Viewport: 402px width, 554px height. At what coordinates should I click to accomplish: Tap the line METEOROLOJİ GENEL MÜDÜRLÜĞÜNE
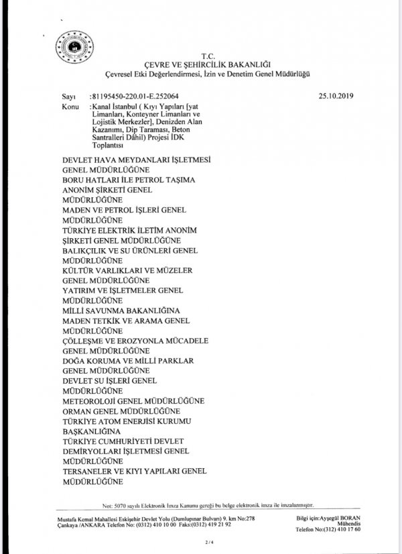(133, 400)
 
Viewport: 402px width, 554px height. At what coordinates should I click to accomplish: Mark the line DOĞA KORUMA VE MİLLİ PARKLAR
(128, 361)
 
